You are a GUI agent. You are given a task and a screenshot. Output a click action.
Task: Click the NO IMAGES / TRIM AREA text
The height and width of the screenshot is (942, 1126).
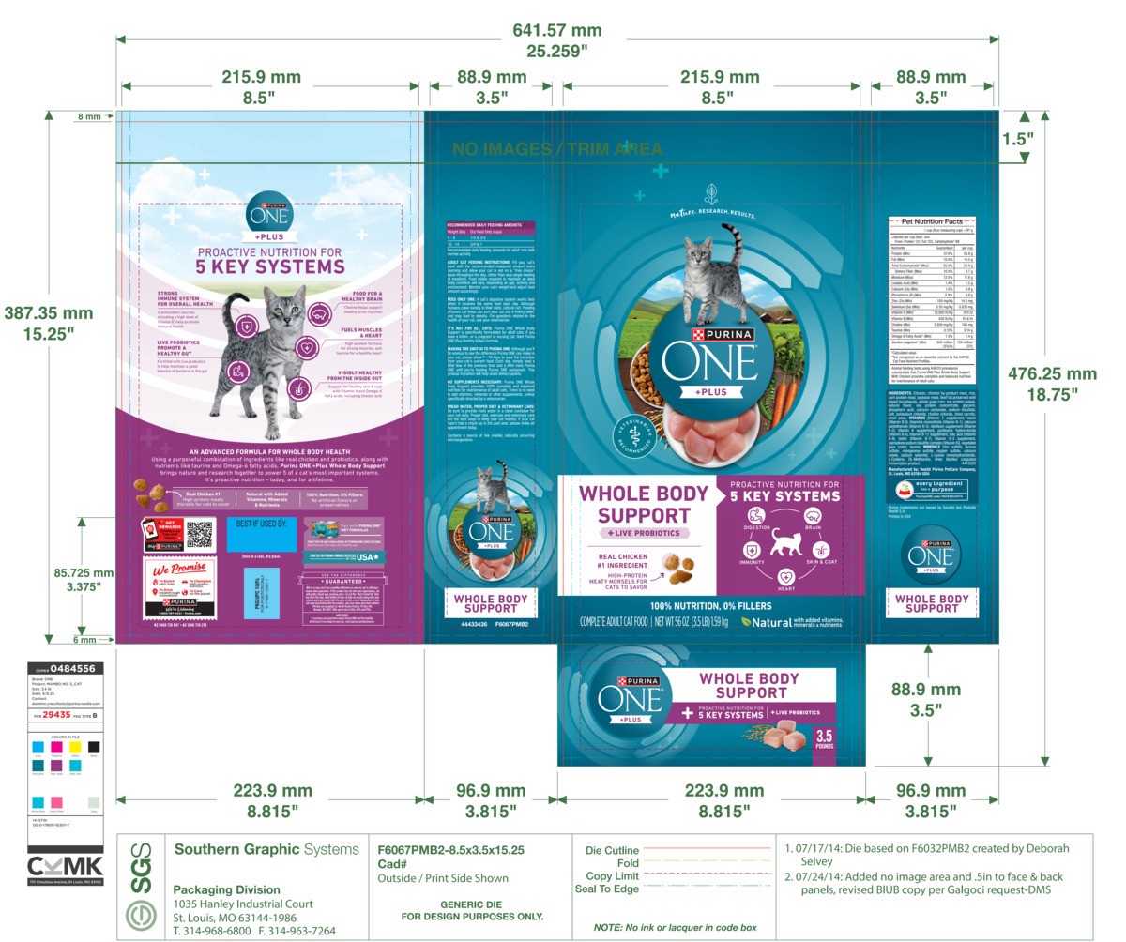tap(557, 149)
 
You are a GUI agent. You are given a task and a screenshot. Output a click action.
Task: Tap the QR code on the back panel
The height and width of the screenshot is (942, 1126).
tap(200, 534)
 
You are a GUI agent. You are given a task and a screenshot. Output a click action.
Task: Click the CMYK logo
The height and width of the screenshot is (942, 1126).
tap(65, 866)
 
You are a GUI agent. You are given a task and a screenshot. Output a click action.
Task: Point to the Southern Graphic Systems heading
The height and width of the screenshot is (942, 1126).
tap(266, 850)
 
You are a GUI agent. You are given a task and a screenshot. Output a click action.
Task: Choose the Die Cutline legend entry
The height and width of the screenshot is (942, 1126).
tap(612, 850)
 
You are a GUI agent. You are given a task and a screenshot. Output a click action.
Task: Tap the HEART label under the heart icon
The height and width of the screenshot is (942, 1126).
tap(785, 589)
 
